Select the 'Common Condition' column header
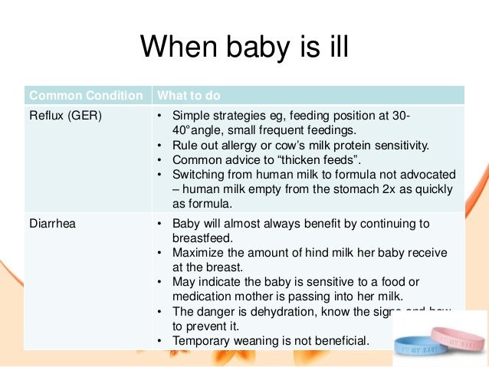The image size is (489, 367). [86, 96]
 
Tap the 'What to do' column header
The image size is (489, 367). [189, 96]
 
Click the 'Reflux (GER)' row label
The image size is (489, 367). [65, 116]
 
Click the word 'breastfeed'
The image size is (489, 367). [205, 238]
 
